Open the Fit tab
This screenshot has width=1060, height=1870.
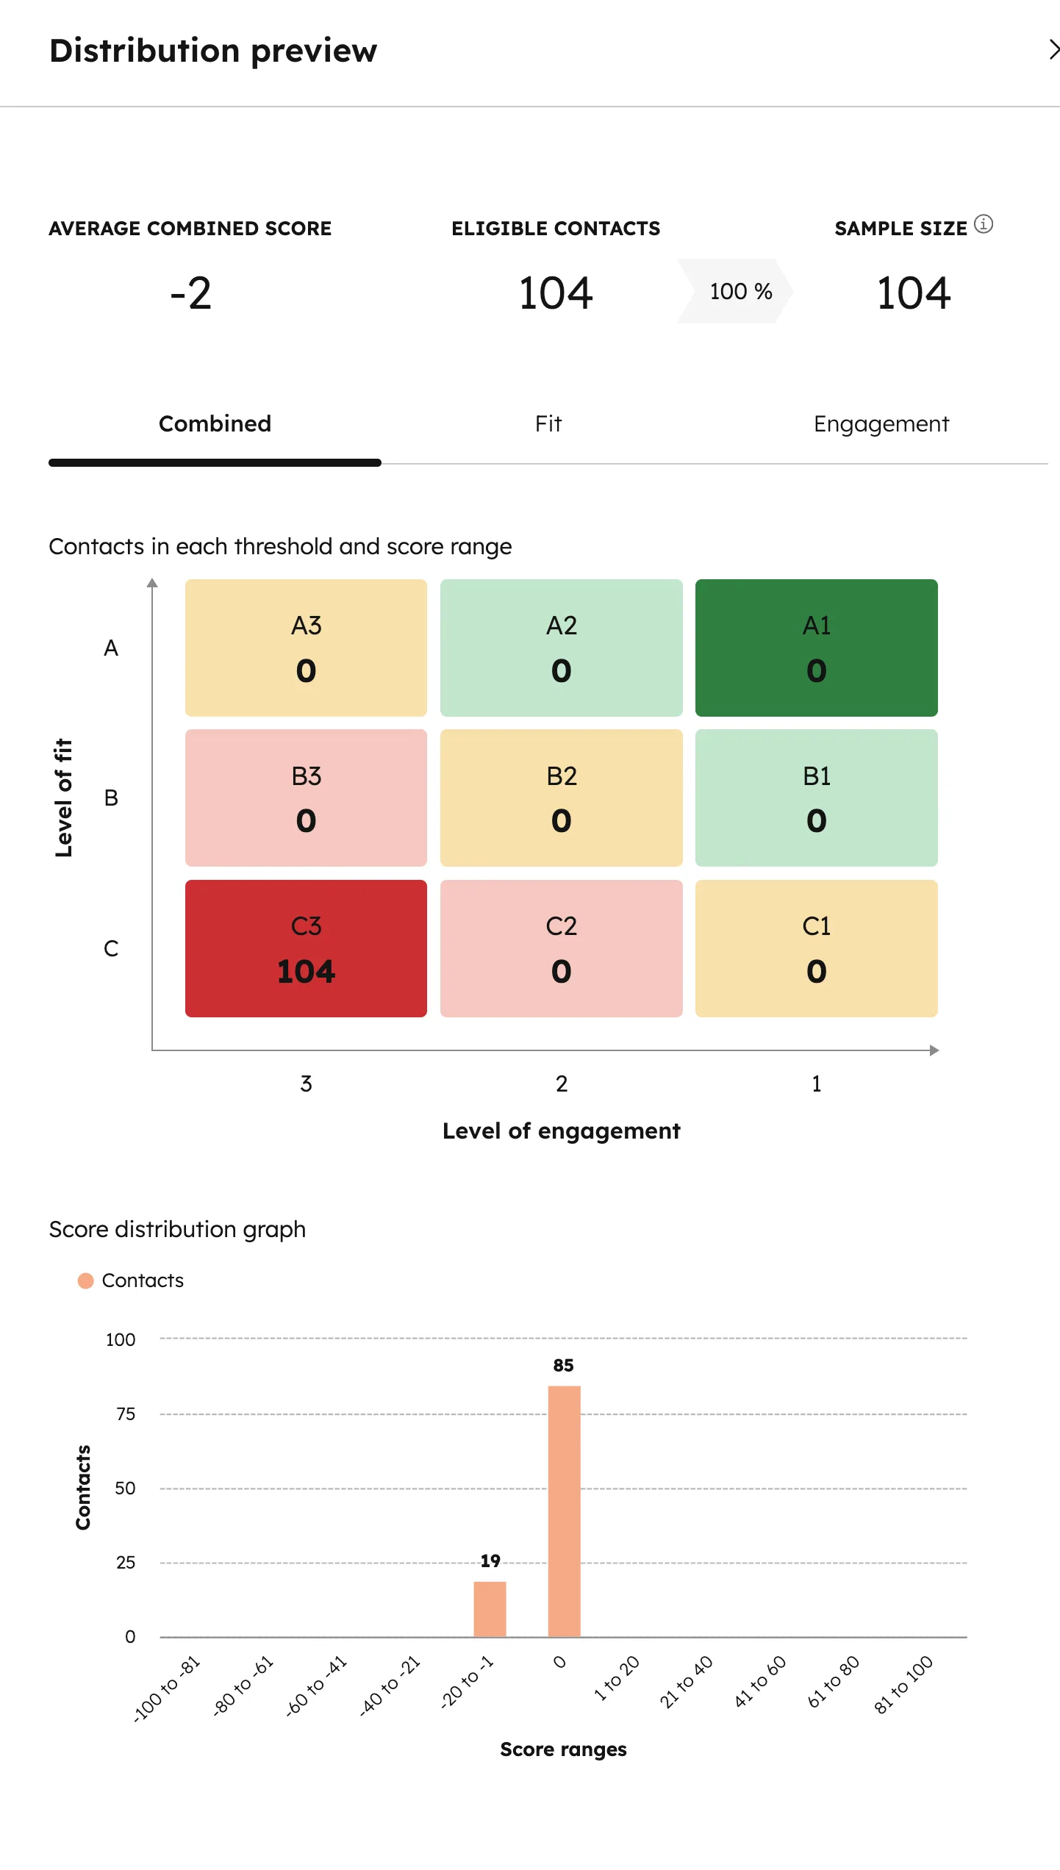pyautogui.click(x=548, y=424)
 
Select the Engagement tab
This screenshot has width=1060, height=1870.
pyautogui.click(x=881, y=424)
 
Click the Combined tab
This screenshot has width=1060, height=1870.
pyautogui.click(x=215, y=424)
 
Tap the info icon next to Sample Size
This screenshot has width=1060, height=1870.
pyautogui.click(x=984, y=224)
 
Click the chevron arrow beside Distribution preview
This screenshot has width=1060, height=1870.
pyautogui.click(x=1053, y=50)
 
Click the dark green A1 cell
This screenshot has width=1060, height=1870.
pyautogui.click(x=816, y=648)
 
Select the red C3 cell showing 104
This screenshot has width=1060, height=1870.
pyautogui.click(x=306, y=948)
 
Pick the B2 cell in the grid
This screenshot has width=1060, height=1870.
pyautogui.click(x=561, y=798)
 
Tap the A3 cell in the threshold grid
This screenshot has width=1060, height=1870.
pyautogui.click(x=306, y=648)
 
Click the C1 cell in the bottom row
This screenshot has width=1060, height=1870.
pyautogui.click(x=816, y=948)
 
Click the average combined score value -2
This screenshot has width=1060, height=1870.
pyautogui.click(x=190, y=293)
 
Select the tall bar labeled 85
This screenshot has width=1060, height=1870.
pyautogui.click(x=564, y=1511)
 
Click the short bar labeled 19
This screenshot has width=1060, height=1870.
pyautogui.click(x=490, y=1608)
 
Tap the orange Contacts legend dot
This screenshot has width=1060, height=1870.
pyautogui.click(x=85, y=1280)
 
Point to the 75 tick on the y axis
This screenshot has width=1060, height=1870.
pyautogui.click(x=126, y=1414)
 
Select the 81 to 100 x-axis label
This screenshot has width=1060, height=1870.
pyautogui.click(x=903, y=1684)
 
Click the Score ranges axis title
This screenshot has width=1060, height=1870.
pyautogui.click(x=563, y=1749)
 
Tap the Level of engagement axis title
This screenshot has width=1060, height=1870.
pyautogui.click(x=561, y=1131)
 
